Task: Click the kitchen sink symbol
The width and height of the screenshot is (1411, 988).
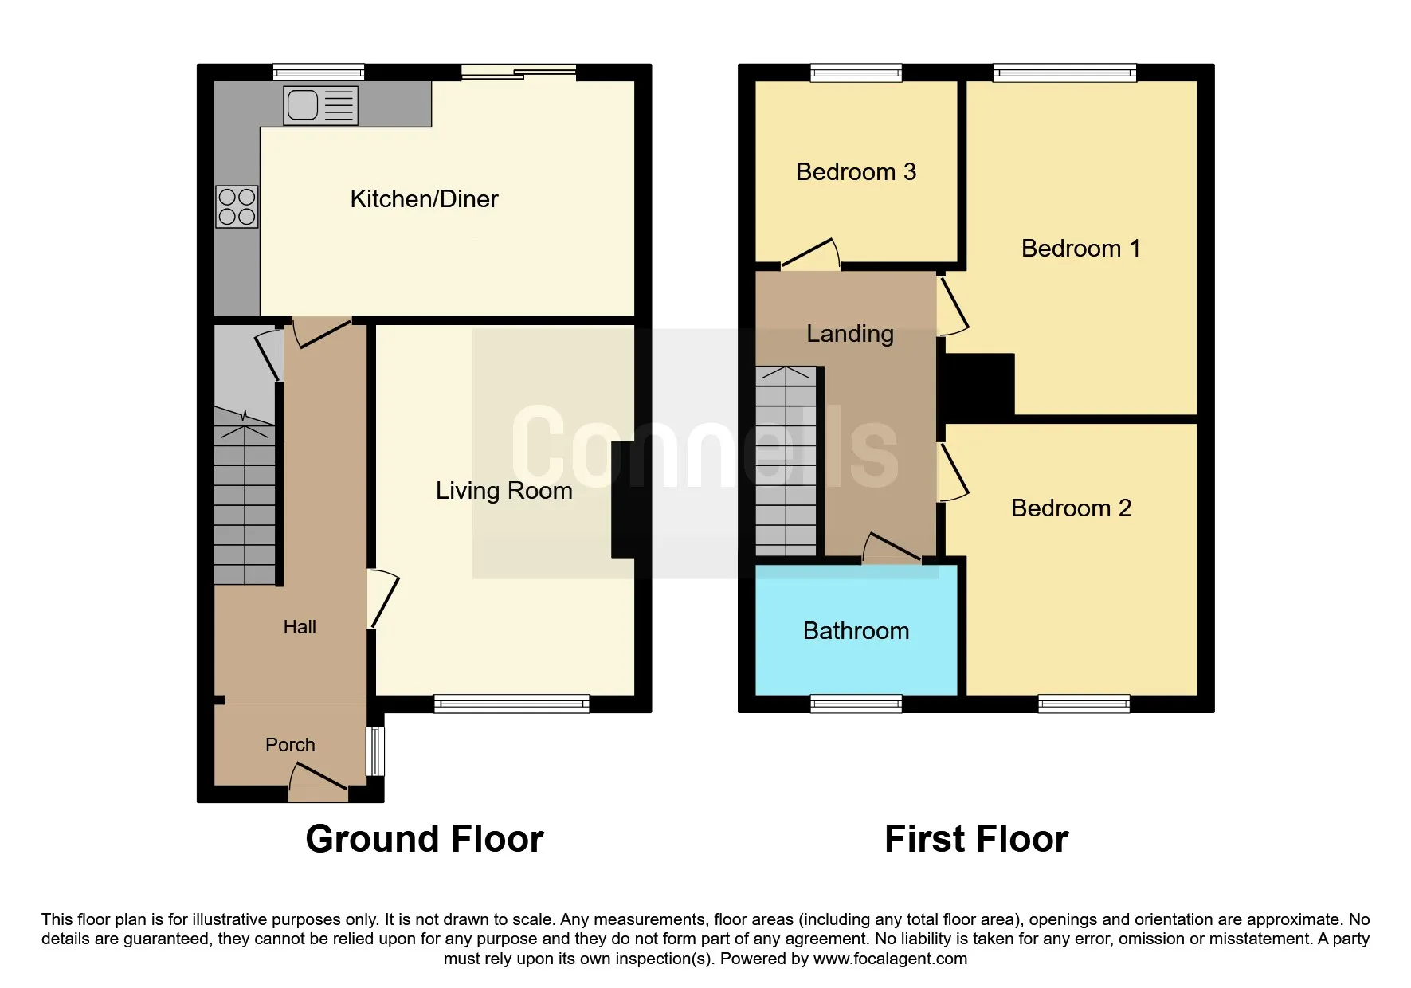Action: point(320,105)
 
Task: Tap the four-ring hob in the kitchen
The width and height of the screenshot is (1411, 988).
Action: point(237,206)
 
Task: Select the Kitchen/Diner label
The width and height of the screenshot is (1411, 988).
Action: point(424,199)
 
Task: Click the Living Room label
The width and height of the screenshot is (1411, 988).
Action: point(504,491)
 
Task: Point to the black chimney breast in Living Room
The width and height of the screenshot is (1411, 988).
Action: point(623,500)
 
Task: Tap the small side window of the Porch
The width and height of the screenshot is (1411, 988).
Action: point(375,751)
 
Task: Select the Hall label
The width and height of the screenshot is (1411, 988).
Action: point(300,628)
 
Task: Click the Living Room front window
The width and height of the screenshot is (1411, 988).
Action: point(511,703)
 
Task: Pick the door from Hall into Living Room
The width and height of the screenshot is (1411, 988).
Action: point(383,599)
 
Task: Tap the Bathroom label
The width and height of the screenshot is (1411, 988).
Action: point(856,631)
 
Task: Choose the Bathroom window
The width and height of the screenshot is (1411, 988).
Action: point(856,703)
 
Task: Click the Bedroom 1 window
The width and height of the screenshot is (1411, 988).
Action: point(1064,73)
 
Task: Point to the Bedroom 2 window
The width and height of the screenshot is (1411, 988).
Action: point(1084,703)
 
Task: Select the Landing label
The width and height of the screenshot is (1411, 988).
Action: point(849,334)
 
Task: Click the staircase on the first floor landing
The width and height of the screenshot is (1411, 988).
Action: point(786,462)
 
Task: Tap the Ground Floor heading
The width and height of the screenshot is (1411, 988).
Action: point(424,839)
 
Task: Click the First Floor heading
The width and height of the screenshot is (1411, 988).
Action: point(976,839)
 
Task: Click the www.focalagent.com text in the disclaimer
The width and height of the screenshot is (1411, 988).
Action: point(890,959)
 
